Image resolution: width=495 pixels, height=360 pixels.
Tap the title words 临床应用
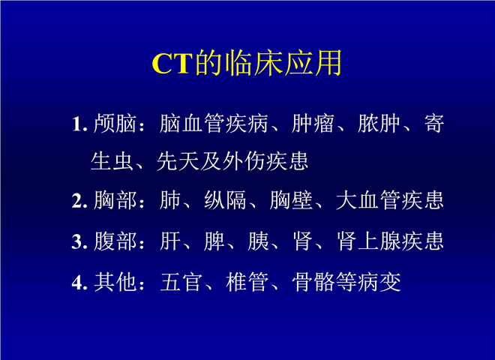pyautogui.click(x=283, y=63)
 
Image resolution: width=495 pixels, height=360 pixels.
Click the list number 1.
pyautogui.click(x=79, y=124)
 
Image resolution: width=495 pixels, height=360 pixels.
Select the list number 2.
pyautogui.click(x=79, y=200)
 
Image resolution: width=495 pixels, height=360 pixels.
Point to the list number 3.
pyautogui.click(x=79, y=241)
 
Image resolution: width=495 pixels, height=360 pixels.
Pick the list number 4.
pyautogui.click(x=79, y=282)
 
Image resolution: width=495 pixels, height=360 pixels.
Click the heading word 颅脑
pyautogui.click(x=115, y=123)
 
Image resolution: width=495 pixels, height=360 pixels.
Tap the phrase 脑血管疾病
pyautogui.click(x=214, y=123)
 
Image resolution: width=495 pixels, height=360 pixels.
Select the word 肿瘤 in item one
pyautogui.click(x=313, y=123)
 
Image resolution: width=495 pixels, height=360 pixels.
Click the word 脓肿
pyautogui.click(x=379, y=123)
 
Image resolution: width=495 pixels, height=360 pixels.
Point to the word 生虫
pyautogui.click(x=112, y=161)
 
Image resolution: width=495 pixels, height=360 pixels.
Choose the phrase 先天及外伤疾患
pyautogui.click(x=232, y=161)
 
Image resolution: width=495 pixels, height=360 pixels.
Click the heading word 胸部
pyautogui.click(x=115, y=200)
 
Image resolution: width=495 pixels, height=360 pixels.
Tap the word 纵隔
pyautogui.click(x=225, y=200)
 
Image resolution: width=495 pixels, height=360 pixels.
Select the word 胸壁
pyautogui.click(x=291, y=200)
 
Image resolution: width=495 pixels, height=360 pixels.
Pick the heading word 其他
pyautogui.click(x=115, y=282)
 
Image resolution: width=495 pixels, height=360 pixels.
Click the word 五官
pyautogui.click(x=181, y=282)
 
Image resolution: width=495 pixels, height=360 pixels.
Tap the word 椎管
pyautogui.click(x=247, y=282)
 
